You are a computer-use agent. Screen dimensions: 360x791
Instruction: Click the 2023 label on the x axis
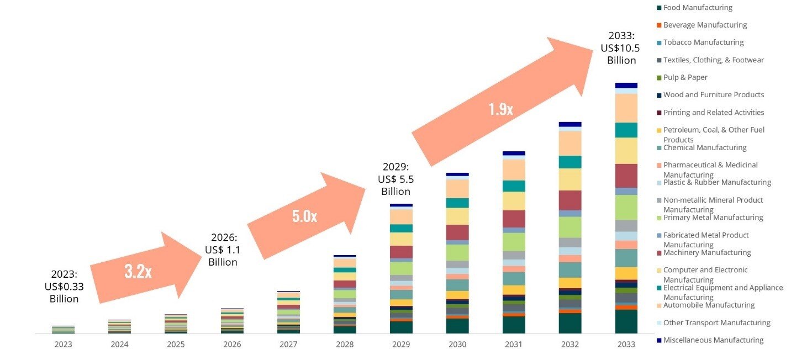(x=63, y=344)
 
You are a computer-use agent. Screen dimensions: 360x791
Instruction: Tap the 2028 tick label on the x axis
(x=345, y=344)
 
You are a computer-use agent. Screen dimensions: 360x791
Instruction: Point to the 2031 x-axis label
(x=514, y=344)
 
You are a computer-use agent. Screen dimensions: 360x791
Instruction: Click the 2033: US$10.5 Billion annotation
(x=621, y=48)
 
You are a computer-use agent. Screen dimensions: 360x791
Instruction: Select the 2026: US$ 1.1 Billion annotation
(x=223, y=250)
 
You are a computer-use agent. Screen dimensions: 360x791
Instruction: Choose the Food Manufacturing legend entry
(x=697, y=8)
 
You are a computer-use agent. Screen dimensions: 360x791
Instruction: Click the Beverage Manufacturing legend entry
(x=704, y=25)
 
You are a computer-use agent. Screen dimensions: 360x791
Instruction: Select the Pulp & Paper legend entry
(x=685, y=77)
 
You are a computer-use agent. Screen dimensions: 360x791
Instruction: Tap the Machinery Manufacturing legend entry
(x=706, y=253)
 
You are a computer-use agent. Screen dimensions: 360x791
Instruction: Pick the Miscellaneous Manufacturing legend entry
(x=713, y=340)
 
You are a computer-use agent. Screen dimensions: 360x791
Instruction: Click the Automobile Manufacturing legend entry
(x=708, y=305)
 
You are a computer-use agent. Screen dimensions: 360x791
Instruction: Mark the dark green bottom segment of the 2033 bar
(x=626, y=321)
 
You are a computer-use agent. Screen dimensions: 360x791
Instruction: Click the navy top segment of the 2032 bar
(x=570, y=124)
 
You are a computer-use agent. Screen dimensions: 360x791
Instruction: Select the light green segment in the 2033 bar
(x=626, y=208)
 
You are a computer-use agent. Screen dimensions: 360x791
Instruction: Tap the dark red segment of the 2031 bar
(x=514, y=219)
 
